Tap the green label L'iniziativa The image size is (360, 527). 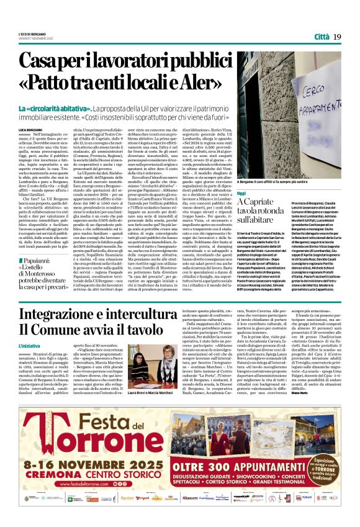pos(30,345)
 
